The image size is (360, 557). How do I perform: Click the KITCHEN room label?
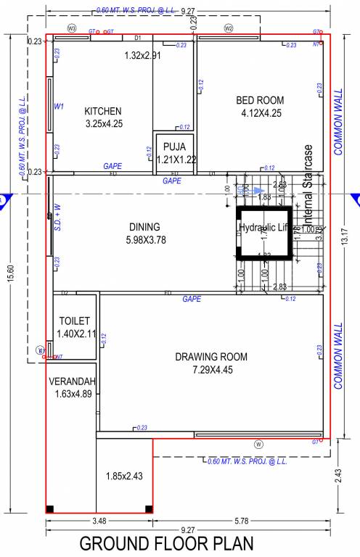103,111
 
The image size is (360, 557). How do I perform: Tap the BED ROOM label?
260,100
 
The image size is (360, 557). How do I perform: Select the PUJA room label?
175,147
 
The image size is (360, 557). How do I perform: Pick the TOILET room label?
74,321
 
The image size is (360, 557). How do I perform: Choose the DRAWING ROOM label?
211,357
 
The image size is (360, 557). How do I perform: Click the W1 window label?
60,107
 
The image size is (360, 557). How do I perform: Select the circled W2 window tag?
228,28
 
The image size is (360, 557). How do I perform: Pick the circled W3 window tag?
71,28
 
